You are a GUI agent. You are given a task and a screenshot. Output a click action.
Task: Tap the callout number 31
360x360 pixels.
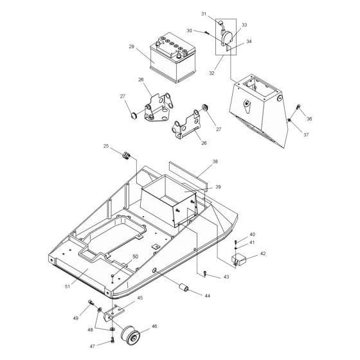203,14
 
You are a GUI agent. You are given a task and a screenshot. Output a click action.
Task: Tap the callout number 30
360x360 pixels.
189,30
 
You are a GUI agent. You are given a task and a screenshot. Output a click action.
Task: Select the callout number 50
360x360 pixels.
136,256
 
